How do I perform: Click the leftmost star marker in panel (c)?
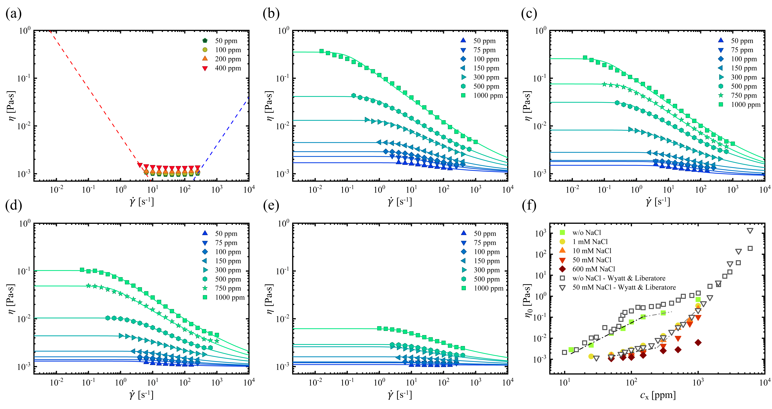tap(604, 84)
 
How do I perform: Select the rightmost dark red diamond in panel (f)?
tap(698, 342)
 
